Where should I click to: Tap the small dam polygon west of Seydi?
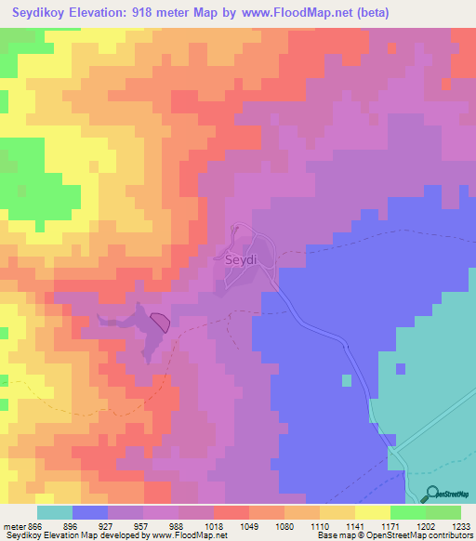(160, 323)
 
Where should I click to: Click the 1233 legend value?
(460, 526)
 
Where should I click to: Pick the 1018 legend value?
(214, 526)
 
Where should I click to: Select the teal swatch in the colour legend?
(55, 512)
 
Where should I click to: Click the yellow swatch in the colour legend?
(373, 512)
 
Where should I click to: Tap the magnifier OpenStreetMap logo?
(430, 495)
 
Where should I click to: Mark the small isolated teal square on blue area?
(347, 380)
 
